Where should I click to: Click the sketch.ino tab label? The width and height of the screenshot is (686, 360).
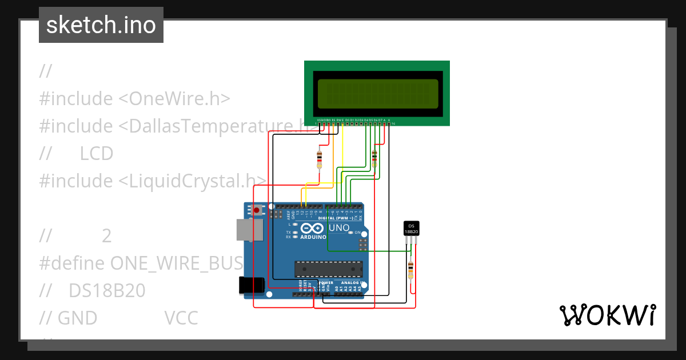(101, 25)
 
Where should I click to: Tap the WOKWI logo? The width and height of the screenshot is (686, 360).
(607, 315)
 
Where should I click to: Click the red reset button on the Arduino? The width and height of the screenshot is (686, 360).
(257, 210)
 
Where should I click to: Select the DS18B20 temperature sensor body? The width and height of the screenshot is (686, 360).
(412, 228)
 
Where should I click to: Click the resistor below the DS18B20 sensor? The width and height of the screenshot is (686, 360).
(410, 269)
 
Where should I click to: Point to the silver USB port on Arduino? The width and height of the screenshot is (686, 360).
(250, 230)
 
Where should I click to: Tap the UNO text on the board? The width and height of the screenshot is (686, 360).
(338, 228)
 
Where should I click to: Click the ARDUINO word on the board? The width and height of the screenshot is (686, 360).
(313, 237)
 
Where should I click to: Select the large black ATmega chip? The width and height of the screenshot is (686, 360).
(328, 269)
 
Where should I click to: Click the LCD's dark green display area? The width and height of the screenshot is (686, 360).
(378, 94)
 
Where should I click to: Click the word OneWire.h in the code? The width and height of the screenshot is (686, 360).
(180, 98)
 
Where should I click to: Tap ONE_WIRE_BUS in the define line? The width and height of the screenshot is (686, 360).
(177, 263)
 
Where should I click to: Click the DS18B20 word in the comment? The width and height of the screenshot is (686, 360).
(107, 290)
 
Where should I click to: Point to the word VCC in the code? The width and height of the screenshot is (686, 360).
(181, 318)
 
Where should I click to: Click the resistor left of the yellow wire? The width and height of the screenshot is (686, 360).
(319, 158)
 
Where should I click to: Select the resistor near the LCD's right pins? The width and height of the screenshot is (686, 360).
(374, 158)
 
